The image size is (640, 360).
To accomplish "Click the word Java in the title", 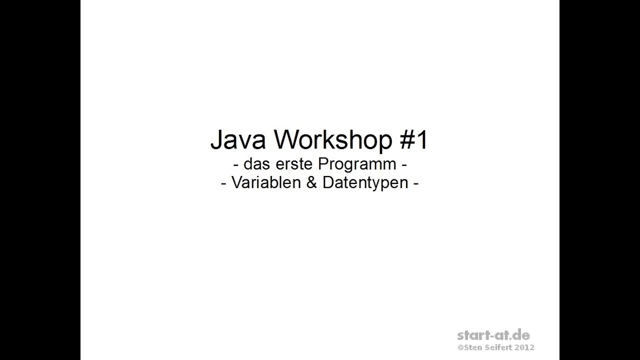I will pyautogui.click(x=239, y=140).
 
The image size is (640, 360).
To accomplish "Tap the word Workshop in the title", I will pyautogui.click(x=333, y=140).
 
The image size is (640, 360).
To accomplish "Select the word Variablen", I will pyautogui.click(x=265, y=183).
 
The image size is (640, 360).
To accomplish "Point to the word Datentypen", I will pyautogui.click(x=365, y=183).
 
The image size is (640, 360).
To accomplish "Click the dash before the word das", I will pyautogui.click(x=235, y=165).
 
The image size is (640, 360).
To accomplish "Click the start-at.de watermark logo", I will pyautogui.click(x=493, y=335).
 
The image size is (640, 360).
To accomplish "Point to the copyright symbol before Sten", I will pyautogui.click(x=460, y=347).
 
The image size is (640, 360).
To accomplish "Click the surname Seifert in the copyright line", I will pyautogui.click(x=499, y=347).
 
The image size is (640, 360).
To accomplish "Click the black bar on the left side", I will pyautogui.click(x=40, y=180).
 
